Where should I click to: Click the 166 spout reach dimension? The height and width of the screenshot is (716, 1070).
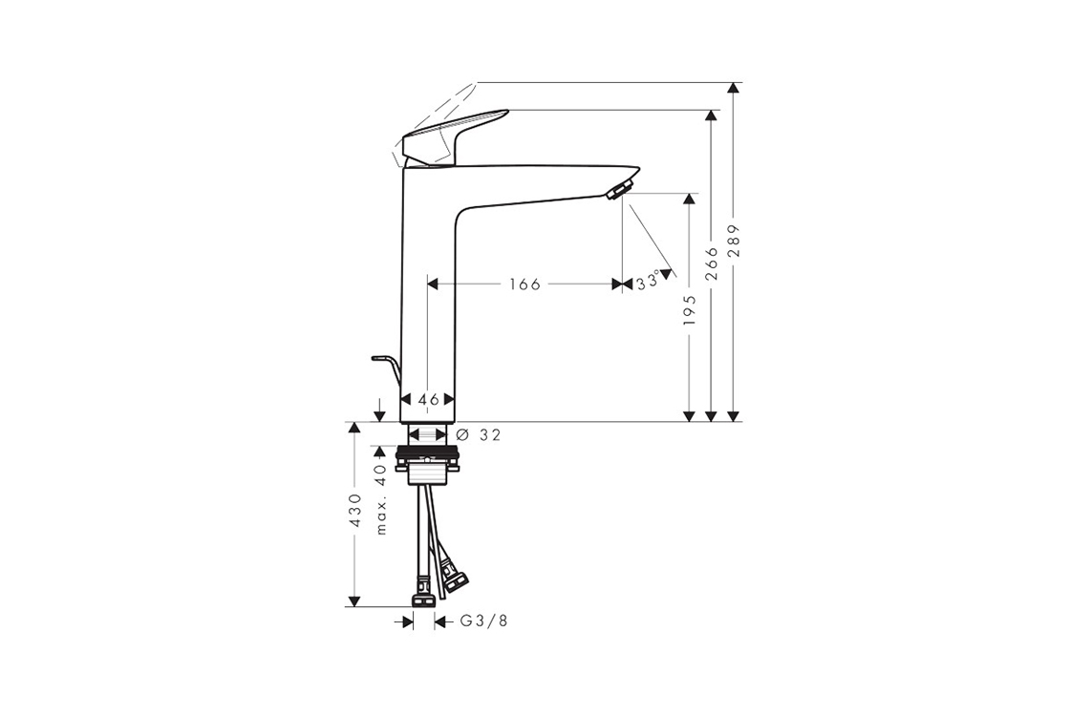coord(524,284)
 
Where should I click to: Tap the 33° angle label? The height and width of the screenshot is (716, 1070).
coord(649,282)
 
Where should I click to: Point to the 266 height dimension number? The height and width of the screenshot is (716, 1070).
coord(711,263)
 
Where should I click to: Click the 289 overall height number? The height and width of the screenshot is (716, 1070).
coord(734,240)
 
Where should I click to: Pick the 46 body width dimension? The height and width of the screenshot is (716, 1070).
coord(428,400)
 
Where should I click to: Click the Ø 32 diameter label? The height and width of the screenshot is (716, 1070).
coord(478,434)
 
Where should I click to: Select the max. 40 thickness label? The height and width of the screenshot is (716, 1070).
coord(381,500)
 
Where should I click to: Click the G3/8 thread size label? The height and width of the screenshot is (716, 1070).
coord(483,621)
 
